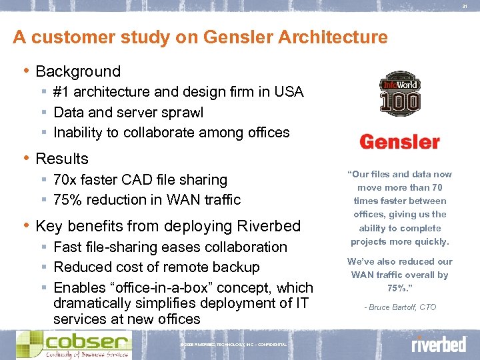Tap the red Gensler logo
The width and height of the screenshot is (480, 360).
pyautogui.click(x=399, y=142)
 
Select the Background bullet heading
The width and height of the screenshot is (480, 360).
pyautogui.click(x=78, y=71)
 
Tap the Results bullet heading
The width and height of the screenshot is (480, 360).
pyautogui.click(x=62, y=159)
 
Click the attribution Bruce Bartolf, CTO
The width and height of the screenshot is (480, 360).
pyautogui.click(x=400, y=307)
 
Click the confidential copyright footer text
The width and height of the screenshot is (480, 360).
pyautogui.click(x=233, y=345)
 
